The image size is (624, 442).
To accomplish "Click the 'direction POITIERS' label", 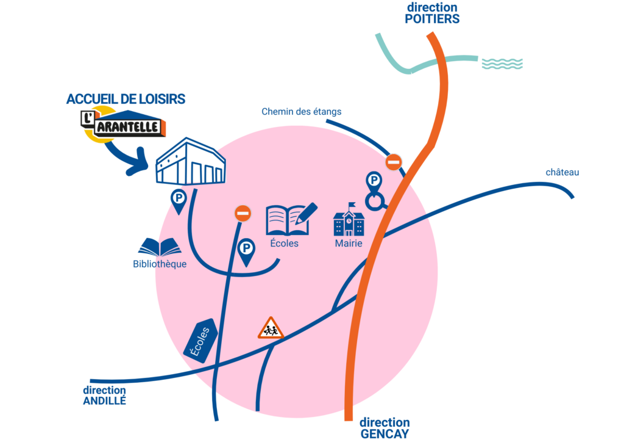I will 433,13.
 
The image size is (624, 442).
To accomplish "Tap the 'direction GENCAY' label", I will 385,428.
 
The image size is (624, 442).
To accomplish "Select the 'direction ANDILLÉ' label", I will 105,396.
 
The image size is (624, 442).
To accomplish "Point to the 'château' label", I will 562,172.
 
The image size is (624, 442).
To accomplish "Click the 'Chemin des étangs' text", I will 302,112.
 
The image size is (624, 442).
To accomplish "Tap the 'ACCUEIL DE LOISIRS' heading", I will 126,99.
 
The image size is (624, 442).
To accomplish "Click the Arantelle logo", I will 124,126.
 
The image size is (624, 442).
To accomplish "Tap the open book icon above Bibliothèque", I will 160,247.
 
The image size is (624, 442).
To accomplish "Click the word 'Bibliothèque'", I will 160,264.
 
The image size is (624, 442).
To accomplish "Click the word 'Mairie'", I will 349,244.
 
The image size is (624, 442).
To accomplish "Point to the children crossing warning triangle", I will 271,328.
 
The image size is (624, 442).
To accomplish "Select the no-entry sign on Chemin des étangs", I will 394,162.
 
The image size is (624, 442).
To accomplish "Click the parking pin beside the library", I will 179,201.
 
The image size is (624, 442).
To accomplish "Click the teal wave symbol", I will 502,63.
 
